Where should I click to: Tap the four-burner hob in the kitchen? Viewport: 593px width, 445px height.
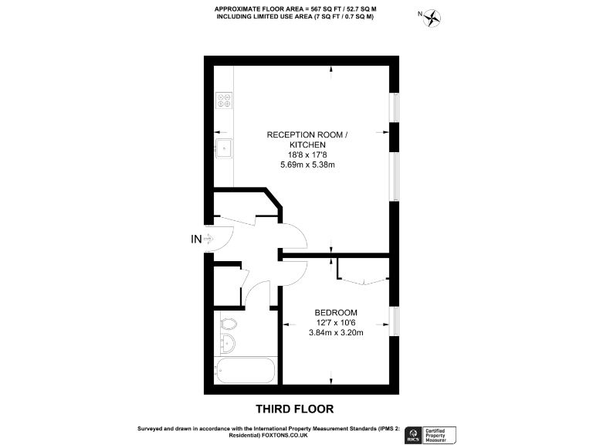[x=225, y=100]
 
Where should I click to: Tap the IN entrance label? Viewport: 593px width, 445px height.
[x=196, y=239]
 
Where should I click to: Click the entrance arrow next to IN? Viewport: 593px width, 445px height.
[x=208, y=239]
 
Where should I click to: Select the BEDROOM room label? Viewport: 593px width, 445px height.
[x=335, y=312]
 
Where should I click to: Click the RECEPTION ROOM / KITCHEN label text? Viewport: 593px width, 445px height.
[x=307, y=140]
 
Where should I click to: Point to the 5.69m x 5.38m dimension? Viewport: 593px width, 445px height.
[x=307, y=165]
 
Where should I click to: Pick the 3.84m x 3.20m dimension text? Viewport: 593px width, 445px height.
[x=335, y=332]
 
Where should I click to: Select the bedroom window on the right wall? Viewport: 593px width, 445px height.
[x=394, y=323]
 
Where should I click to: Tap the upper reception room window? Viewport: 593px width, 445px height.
[x=394, y=109]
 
